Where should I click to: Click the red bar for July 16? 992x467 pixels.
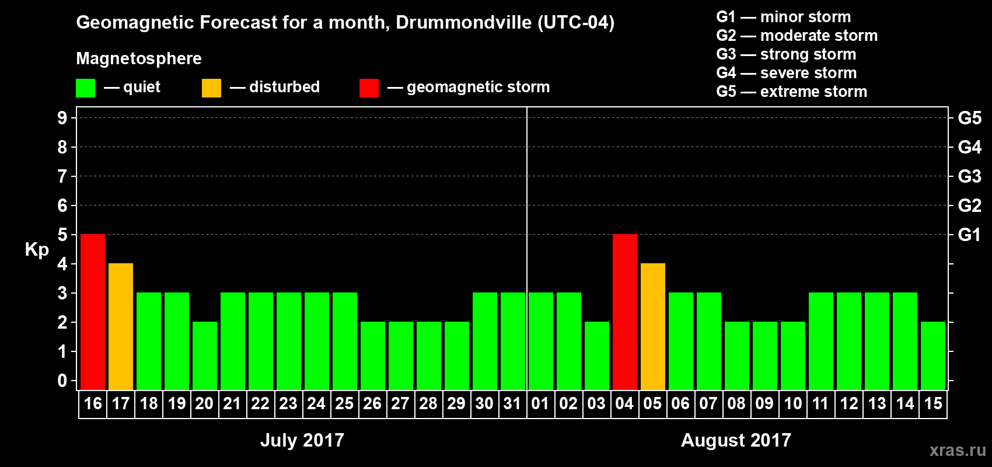click(x=93, y=312)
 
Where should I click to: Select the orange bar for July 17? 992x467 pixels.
click(x=121, y=326)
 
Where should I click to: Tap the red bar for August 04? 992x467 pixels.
click(x=625, y=312)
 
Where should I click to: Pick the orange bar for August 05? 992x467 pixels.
click(x=653, y=326)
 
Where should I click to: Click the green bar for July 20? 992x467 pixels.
click(x=205, y=356)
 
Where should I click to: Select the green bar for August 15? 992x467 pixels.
click(x=933, y=356)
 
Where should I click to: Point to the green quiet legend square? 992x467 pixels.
click(x=86, y=88)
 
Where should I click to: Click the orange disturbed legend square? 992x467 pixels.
click(x=212, y=88)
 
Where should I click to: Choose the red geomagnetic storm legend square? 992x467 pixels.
click(x=369, y=88)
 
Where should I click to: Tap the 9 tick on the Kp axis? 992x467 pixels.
click(x=62, y=118)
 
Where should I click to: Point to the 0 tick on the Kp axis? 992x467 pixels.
click(x=62, y=381)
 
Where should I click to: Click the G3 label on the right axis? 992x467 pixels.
click(x=969, y=176)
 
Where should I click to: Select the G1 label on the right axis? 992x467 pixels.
click(x=969, y=235)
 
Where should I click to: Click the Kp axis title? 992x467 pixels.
click(x=37, y=250)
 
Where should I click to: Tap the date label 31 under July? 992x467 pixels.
click(x=512, y=403)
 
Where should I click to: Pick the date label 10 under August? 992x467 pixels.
click(x=792, y=403)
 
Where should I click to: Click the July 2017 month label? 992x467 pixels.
click(x=302, y=440)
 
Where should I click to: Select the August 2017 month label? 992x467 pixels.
click(x=736, y=440)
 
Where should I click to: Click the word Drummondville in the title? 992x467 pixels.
click(x=464, y=23)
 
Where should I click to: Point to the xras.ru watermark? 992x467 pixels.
click(x=958, y=450)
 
